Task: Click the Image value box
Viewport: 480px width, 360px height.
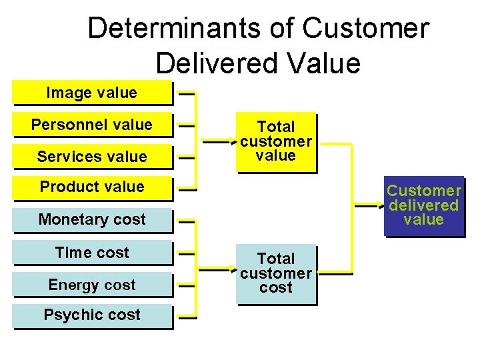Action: pyautogui.click(x=92, y=93)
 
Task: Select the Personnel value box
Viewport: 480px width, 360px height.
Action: pyautogui.click(x=92, y=125)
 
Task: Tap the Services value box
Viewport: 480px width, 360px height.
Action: pyautogui.click(x=92, y=157)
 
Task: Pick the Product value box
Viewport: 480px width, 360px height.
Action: pyautogui.click(x=92, y=187)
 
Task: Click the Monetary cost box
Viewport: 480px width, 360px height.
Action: pyautogui.click(x=92, y=220)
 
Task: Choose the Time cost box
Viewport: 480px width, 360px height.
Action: pyautogui.click(x=92, y=253)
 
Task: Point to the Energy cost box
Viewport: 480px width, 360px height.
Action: pyautogui.click(x=92, y=285)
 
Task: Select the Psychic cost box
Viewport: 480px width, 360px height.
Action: pyautogui.click(x=92, y=315)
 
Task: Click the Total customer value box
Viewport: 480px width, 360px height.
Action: pyautogui.click(x=276, y=141)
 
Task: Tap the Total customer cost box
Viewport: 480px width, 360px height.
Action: pyautogui.click(x=276, y=273)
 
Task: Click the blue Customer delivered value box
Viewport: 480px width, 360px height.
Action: pyautogui.click(x=424, y=205)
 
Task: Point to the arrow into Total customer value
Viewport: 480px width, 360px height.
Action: pyautogui.click(x=221, y=142)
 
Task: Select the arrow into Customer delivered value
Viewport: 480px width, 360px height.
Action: pyautogui.click(x=369, y=207)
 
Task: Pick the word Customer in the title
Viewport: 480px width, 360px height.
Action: pyautogui.click(x=366, y=29)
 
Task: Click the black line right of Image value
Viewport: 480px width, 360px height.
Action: pyautogui.click(x=187, y=94)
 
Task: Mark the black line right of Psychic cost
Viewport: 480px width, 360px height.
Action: pyautogui.click(x=187, y=318)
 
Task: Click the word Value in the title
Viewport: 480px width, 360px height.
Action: pyautogui.click(x=327, y=63)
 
